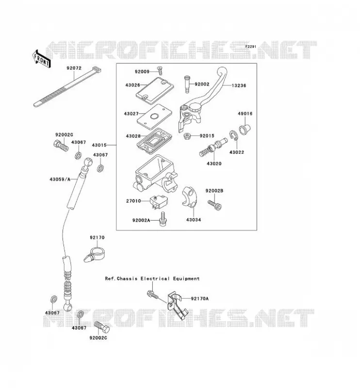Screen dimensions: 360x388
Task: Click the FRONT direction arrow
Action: pyautogui.click(x=41, y=59)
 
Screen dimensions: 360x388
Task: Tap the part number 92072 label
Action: pyautogui.click(x=74, y=68)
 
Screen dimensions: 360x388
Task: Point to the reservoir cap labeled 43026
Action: pyautogui.click(x=155, y=90)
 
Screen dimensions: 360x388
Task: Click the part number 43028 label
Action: pyautogui.click(x=133, y=136)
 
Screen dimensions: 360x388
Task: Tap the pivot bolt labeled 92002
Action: pyautogui.click(x=187, y=84)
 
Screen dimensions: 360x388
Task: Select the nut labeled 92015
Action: pyautogui.click(x=187, y=136)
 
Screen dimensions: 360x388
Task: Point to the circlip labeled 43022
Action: pyautogui.click(x=233, y=135)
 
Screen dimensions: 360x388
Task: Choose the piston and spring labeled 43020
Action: pyautogui.click(x=213, y=147)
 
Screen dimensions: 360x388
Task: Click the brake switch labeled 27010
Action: pyautogui.click(x=159, y=202)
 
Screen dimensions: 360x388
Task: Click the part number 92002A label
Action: pyautogui.click(x=141, y=220)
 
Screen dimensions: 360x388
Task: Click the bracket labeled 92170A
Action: pyautogui.click(x=177, y=306)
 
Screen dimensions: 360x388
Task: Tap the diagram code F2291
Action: pyautogui.click(x=250, y=47)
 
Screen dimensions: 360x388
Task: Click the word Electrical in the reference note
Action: pyautogui.click(x=155, y=278)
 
